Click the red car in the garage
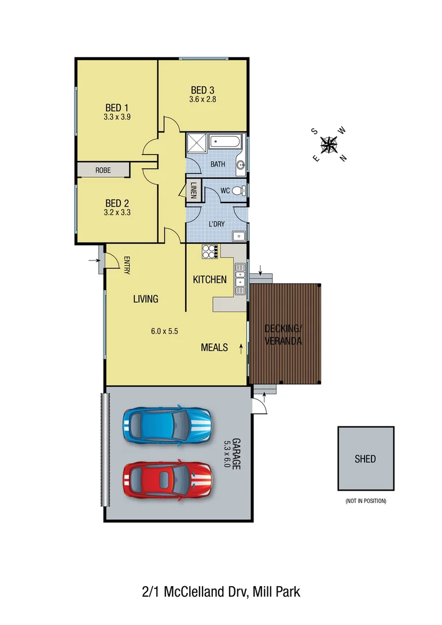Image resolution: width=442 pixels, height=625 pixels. click(167, 479)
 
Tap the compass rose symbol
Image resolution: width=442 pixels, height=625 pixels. click(329, 144)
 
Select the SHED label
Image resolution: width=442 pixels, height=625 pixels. click(365, 459)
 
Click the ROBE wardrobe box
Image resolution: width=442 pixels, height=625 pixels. click(103, 170)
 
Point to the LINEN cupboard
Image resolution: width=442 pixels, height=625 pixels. click(193, 191)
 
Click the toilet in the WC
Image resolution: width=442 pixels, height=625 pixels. click(242, 190)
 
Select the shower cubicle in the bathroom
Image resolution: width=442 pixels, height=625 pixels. click(196, 143)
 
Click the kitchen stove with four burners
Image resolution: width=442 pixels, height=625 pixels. click(210, 251)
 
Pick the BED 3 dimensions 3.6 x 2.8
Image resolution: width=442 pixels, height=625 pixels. click(202, 100)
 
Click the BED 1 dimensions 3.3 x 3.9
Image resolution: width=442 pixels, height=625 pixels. click(117, 117)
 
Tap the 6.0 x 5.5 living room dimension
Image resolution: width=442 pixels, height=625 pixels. click(164, 332)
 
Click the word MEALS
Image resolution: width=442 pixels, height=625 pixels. click(214, 348)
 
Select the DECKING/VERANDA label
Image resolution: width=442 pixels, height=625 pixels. click(283, 335)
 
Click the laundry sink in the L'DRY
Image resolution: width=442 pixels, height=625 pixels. click(238, 236)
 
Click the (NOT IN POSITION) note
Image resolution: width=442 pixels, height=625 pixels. click(366, 501)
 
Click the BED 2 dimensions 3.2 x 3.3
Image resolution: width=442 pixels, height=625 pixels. click(117, 212)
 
